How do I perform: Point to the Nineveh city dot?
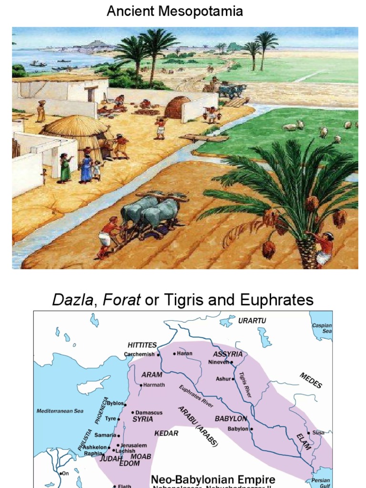coord(232,362)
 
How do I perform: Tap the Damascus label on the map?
coord(149,412)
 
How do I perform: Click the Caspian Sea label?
coord(322,328)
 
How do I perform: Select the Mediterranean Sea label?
coord(60,411)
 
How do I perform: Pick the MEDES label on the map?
coord(311,380)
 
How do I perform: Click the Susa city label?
coord(318,432)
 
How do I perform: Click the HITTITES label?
coord(142,345)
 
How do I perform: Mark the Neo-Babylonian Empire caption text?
coord(213,479)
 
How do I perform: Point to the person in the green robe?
coord(65,168)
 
